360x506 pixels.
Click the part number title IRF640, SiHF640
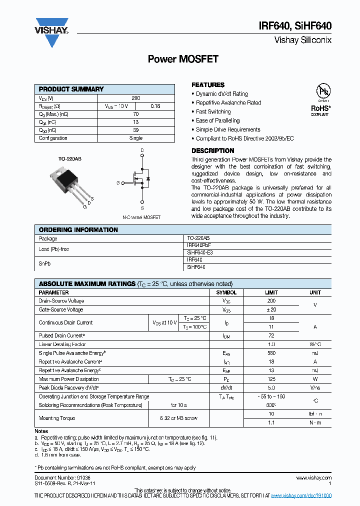tap(301, 26)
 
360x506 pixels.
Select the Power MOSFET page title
tap(183, 59)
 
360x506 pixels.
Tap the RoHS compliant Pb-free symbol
tap(322, 98)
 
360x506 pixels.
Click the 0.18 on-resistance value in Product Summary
tap(155, 106)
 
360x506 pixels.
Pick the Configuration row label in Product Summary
tap(53, 138)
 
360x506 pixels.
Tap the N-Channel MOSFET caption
tap(141, 217)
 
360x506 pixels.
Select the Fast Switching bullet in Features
tap(213, 111)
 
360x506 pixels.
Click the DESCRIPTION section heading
tap(213, 150)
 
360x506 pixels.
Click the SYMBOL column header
tap(226, 292)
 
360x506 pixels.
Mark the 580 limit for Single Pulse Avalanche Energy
tap(271, 353)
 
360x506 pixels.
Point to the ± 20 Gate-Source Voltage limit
tap(271, 310)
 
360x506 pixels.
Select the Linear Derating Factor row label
tap(62, 344)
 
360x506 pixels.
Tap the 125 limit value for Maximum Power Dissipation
tap(271, 379)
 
